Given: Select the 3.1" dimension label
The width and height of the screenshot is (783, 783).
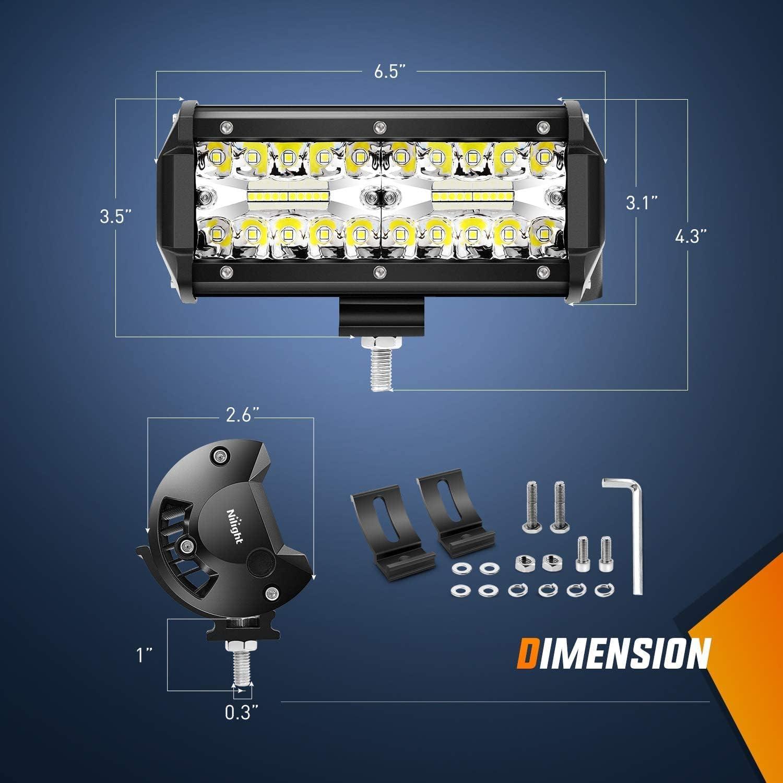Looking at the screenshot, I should [x=642, y=203].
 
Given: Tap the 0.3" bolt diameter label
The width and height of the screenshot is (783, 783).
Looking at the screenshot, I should [x=242, y=712].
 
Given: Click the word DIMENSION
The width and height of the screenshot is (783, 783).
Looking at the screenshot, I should [x=614, y=652].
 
